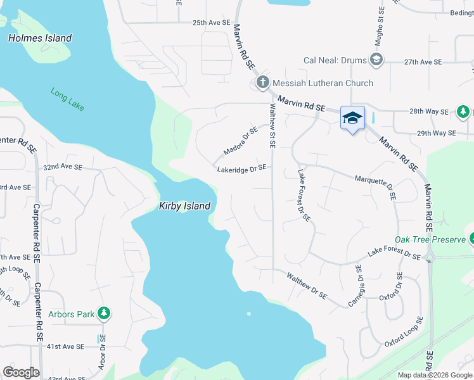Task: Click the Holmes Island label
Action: click(x=40, y=38)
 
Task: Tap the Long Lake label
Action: click(x=68, y=99)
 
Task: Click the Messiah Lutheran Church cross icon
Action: click(x=263, y=82)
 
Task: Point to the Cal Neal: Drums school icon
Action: click(x=376, y=60)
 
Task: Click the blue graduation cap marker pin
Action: click(x=352, y=118)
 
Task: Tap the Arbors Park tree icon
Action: click(x=105, y=314)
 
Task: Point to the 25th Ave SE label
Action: click(x=211, y=23)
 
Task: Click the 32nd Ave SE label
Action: click(x=63, y=167)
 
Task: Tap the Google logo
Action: click(x=21, y=372)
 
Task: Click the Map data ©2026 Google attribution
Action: click(x=433, y=375)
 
